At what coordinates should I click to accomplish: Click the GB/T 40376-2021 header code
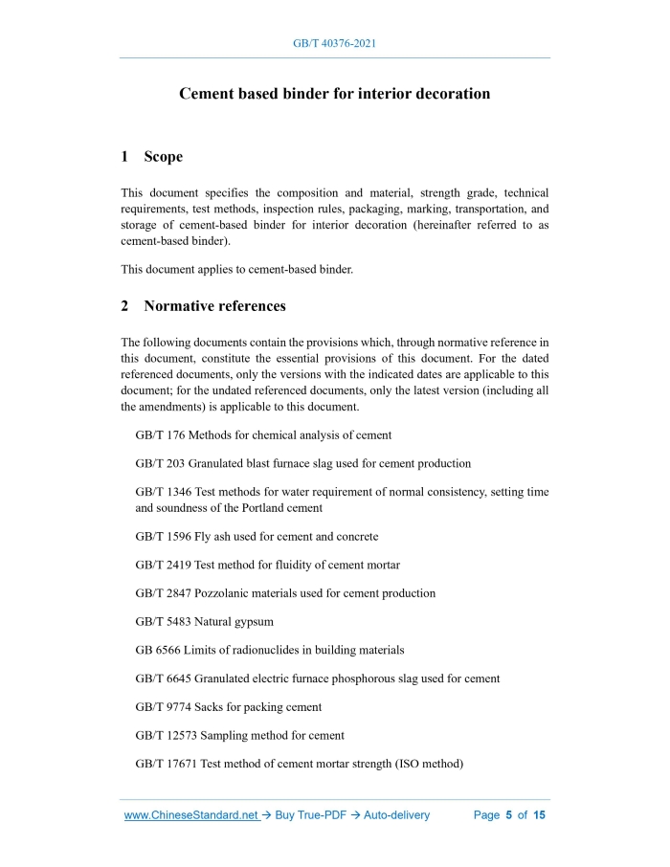[x=334, y=44]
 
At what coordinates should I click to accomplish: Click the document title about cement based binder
[x=334, y=94]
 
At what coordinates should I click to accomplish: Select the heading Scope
[x=163, y=156]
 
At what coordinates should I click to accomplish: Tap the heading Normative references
[x=214, y=306]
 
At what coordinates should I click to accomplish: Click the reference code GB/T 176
[x=160, y=434]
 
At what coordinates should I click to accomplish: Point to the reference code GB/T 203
[x=160, y=463]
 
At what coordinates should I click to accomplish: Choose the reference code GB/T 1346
[x=163, y=492]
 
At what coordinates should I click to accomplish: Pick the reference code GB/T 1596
[x=163, y=537]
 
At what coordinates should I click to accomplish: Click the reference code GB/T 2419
[x=163, y=565]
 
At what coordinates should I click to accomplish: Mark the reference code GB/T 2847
[x=163, y=593]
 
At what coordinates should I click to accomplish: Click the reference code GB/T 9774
[x=163, y=707]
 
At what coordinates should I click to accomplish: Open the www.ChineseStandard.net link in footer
[x=191, y=815]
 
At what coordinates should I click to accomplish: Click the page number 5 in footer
[x=509, y=815]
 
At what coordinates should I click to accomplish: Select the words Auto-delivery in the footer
[x=396, y=815]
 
